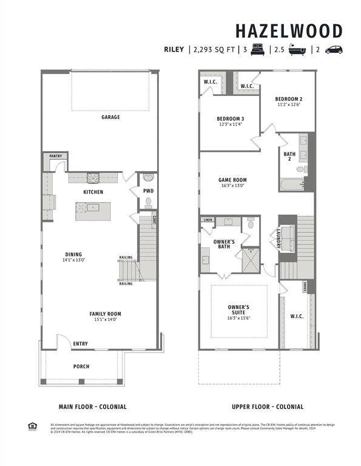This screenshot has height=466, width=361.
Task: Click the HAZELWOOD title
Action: [288, 31]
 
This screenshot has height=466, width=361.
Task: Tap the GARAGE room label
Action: [110, 117]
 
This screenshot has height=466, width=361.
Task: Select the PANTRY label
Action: [55, 156]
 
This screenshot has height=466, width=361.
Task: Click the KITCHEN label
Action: [93, 192]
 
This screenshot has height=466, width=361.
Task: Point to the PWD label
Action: [148, 191]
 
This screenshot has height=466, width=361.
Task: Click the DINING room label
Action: [74, 254]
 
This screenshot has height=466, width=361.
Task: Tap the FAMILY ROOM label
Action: [106, 314]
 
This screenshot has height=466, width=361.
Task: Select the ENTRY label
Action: [80, 343]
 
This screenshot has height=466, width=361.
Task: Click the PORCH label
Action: [81, 366]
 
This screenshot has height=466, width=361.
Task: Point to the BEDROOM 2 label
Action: [288, 99]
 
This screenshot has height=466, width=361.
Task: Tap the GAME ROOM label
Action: [232, 180]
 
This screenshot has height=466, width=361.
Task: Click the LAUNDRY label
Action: [280, 237]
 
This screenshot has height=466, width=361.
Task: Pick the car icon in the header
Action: [334, 50]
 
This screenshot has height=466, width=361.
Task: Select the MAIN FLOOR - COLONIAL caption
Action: [92, 407]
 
